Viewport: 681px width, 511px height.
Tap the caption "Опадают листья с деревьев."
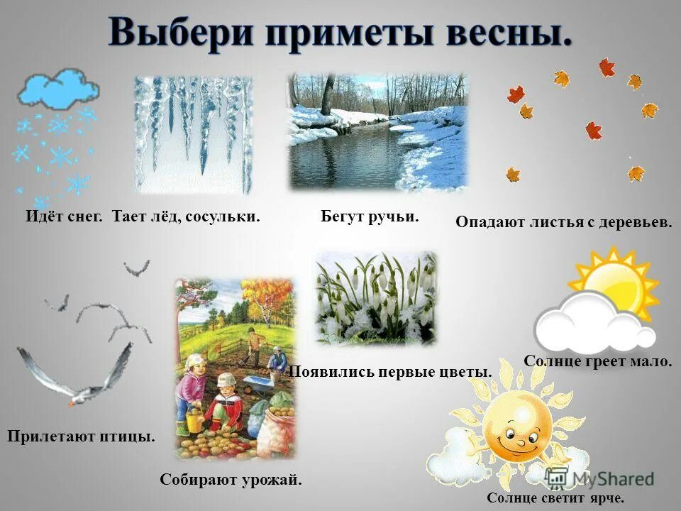coord(563,221)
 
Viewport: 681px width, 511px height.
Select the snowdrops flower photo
coord(375,298)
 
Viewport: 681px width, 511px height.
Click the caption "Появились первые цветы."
coord(391,372)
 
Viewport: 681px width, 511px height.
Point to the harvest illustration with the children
coord(235,369)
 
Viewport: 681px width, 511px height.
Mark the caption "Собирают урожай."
coord(231,480)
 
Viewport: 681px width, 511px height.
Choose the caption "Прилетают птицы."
coord(81,435)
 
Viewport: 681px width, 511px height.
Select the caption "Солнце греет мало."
coord(597,361)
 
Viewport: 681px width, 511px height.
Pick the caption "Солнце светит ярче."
coord(555,498)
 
